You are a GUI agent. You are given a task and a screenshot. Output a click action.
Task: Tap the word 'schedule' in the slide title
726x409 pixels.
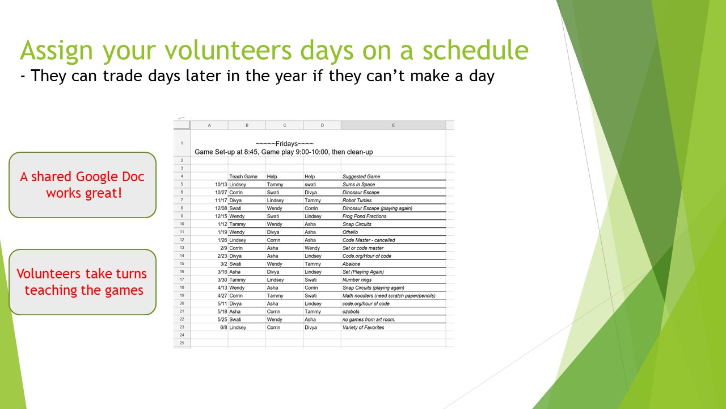click(x=475, y=50)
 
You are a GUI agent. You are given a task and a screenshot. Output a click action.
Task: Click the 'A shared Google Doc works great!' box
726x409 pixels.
click(x=83, y=185)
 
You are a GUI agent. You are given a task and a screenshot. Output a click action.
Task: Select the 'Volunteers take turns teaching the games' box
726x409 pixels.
click(x=83, y=282)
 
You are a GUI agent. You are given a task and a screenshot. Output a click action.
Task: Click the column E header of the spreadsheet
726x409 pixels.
click(x=393, y=126)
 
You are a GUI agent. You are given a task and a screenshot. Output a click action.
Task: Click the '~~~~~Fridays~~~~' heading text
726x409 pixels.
click(x=285, y=144)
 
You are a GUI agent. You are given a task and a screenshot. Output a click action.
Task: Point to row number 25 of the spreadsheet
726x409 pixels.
click(x=182, y=343)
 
